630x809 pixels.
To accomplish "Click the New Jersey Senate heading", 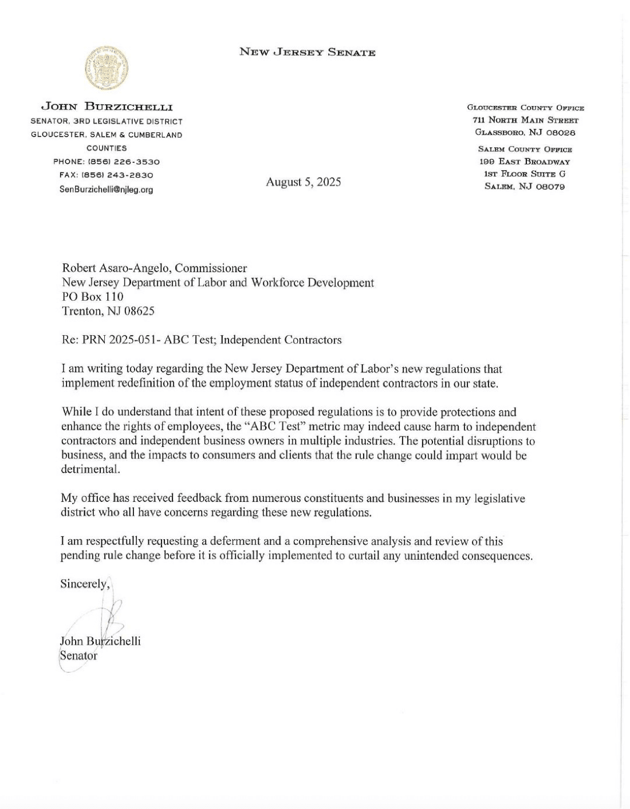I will click(308, 53).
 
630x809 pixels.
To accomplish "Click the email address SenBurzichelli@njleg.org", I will click(107, 190).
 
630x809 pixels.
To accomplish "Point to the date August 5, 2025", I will click(303, 182).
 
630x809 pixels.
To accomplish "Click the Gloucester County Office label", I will click(525, 108).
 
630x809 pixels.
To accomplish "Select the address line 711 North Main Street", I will click(525, 120).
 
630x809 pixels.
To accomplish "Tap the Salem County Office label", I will click(525, 150).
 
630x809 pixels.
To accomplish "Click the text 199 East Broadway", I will click(525, 162).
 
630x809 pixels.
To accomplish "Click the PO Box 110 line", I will click(92, 297).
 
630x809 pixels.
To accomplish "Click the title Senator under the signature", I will click(78, 655).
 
